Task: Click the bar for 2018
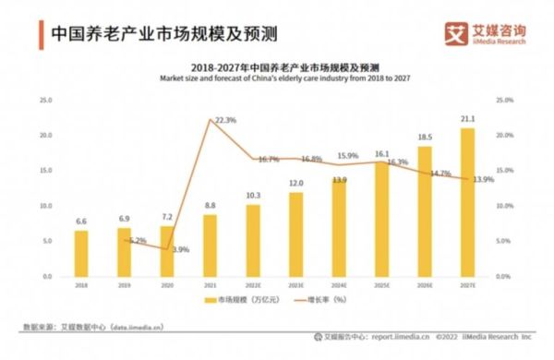pos(81,253)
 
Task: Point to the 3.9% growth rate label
pos(180,249)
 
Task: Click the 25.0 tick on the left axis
pos(43,100)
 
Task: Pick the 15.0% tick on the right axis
pos(504,171)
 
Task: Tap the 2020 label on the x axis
pos(167,286)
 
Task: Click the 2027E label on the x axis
pos(468,286)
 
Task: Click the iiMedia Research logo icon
pos(457,33)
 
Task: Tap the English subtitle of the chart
pos(278,78)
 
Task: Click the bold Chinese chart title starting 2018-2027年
pos(278,67)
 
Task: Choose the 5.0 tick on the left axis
pos(45,241)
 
